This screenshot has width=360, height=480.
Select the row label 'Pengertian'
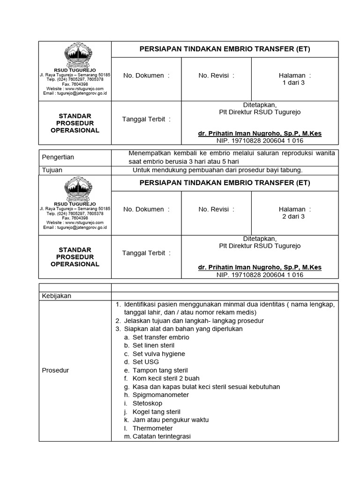tap(58, 157)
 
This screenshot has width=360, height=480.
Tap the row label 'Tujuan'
tap(52, 170)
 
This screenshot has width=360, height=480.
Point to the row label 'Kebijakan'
tap(57, 296)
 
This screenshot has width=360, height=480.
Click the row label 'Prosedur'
tap(55, 370)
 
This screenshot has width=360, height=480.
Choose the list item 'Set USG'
tap(146, 362)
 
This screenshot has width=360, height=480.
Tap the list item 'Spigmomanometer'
tap(161, 395)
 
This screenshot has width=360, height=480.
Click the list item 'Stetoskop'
tap(148, 403)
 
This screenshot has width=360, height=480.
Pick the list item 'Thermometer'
tap(152, 428)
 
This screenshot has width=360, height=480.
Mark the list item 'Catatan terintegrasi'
tap(162, 436)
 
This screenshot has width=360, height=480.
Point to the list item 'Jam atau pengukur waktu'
tap(171, 420)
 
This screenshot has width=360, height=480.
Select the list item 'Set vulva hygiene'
tap(159, 354)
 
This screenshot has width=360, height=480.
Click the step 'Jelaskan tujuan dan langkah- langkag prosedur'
tap(194, 321)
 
